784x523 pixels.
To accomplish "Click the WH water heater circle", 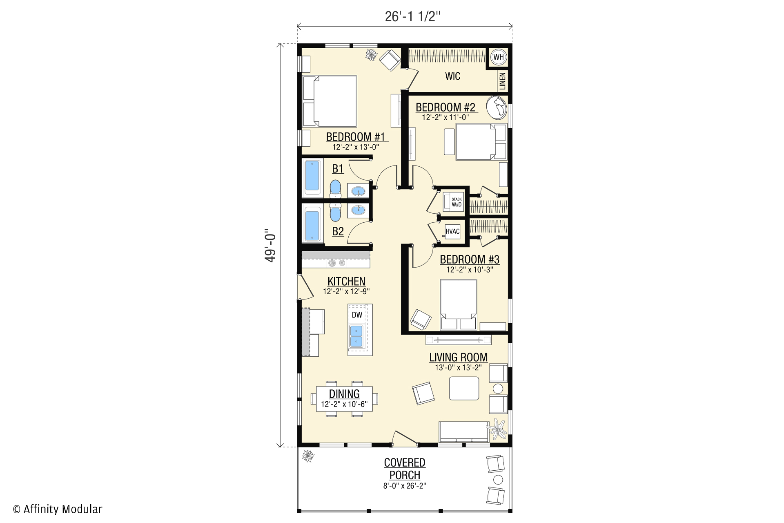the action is click(x=498, y=57).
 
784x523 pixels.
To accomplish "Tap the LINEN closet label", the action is click(x=502, y=81).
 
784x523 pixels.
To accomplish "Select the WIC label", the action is click(x=452, y=76).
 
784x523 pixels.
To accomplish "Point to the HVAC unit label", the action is click(x=452, y=232).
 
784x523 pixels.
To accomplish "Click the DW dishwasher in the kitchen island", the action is click(x=357, y=315).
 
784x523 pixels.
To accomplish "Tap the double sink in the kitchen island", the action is click(x=357, y=336).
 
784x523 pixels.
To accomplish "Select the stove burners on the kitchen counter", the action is click(x=337, y=263).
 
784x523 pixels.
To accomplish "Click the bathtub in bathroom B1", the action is click(x=312, y=177).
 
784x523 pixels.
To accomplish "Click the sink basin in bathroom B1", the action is click(x=359, y=191).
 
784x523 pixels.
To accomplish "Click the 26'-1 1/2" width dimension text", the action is click(x=413, y=16).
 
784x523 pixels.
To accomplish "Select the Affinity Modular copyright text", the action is click(x=58, y=509).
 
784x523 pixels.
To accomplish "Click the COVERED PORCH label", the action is click(x=405, y=469).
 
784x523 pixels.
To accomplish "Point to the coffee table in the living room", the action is click(x=464, y=388).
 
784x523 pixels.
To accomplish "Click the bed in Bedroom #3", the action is click(x=458, y=304).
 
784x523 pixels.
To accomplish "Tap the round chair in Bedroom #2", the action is click(x=497, y=107).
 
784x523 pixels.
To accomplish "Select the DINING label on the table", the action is click(x=344, y=394).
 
